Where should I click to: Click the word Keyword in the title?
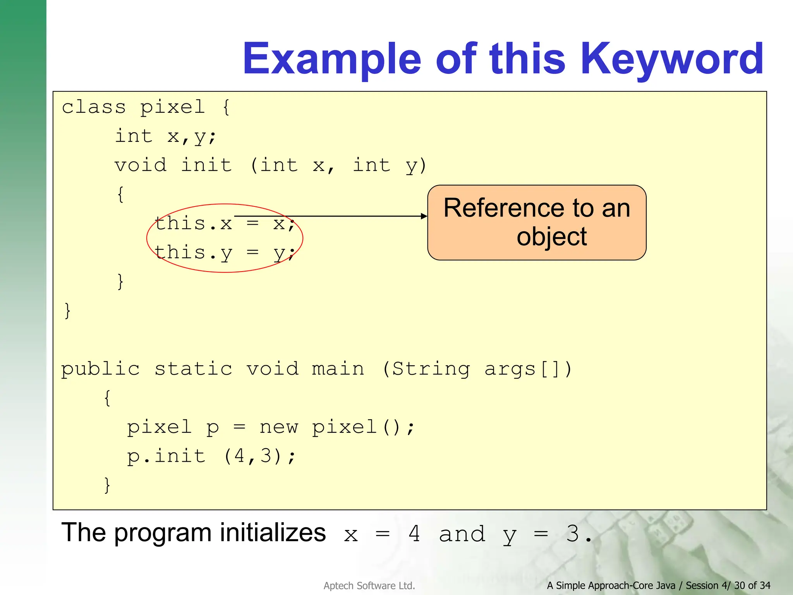672,59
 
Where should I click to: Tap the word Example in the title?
332,59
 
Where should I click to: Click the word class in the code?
94,107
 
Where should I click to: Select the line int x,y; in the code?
165,136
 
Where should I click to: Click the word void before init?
141,165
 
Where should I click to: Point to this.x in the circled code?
194,224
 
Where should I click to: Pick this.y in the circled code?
194,253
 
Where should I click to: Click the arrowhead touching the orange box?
424,216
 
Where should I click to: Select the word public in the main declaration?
101,369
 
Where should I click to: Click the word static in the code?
193,369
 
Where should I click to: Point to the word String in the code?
431,369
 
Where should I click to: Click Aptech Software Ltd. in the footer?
369,586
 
